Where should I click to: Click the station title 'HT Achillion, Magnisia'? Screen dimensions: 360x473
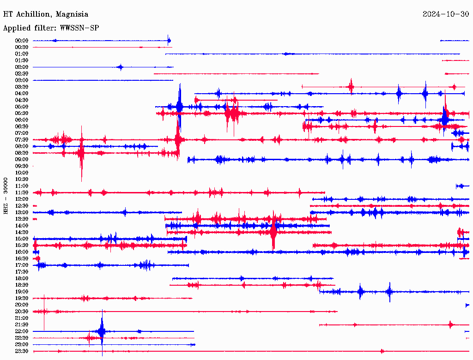point(46,14)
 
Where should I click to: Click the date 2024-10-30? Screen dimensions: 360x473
point(446,14)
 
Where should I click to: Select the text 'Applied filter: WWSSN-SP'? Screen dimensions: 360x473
point(51,28)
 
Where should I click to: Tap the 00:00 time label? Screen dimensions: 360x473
point(22,41)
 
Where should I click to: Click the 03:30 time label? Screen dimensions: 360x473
point(22,87)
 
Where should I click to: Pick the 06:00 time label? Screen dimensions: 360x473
point(22,120)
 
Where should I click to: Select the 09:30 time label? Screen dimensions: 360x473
point(22,166)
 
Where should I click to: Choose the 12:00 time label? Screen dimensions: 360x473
point(22,199)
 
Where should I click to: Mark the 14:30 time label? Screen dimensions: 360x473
point(22,232)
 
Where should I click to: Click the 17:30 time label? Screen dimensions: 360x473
point(22,272)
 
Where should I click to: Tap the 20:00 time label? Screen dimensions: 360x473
point(22,305)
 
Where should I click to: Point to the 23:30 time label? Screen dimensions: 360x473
point(22,351)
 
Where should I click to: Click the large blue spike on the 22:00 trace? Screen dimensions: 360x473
point(102,331)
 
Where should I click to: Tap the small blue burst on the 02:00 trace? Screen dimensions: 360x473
point(121,67)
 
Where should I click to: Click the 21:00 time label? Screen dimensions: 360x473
point(22,318)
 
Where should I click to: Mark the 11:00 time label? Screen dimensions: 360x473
point(22,186)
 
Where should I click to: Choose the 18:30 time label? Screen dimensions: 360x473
point(22,285)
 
